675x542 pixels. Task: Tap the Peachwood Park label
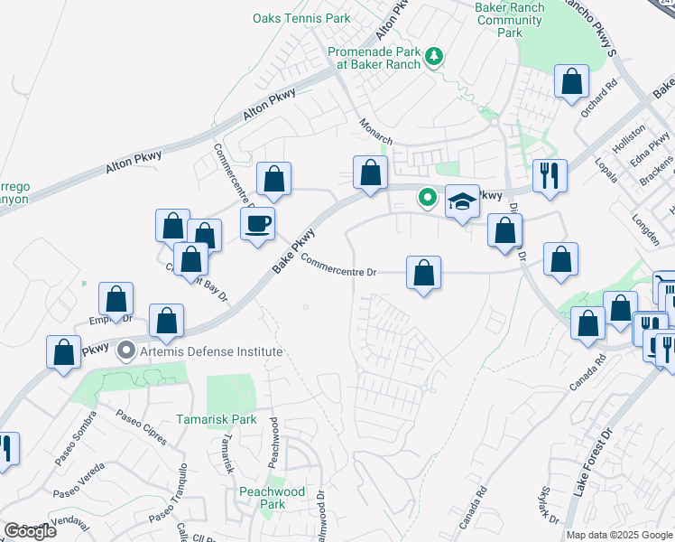[x=272, y=498]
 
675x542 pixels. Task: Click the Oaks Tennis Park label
[x=301, y=18]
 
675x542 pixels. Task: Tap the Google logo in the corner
[x=30, y=531]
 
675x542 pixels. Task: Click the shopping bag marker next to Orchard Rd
[x=571, y=82]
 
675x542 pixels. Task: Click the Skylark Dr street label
[x=549, y=507]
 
